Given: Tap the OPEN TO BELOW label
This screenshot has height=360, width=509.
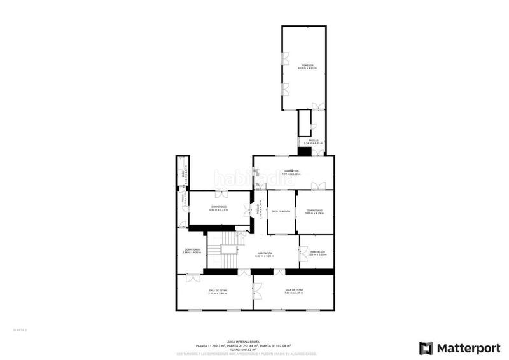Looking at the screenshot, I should click(x=281, y=211).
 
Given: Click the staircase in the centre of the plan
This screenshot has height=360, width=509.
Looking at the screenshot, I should click(x=228, y=252).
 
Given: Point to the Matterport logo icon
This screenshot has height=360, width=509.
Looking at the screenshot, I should click(x=426, y=348).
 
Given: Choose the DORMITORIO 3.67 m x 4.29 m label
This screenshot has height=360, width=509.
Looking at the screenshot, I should click(x=314, y=212).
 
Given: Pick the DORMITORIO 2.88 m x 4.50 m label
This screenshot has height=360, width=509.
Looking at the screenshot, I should click(x=192, y=251).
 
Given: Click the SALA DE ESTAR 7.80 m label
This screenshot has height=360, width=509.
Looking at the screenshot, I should click(x=294, y=291).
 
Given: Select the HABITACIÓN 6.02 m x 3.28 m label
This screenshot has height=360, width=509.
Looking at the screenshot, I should click(x=265, y=254).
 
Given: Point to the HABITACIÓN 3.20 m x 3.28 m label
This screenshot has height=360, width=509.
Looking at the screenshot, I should click(x=318, y=253).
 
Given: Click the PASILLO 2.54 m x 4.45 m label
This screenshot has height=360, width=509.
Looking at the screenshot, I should click(x=313, y=142).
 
